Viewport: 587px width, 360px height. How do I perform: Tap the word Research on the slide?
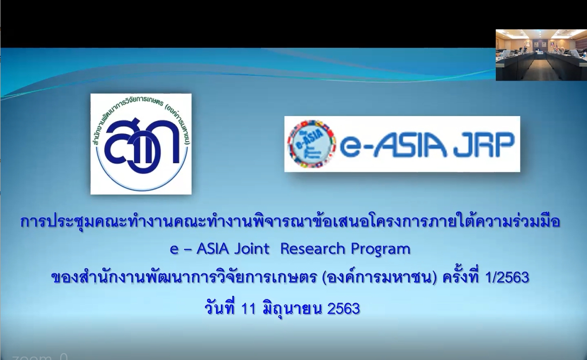313,249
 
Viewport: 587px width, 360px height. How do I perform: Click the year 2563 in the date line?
344,309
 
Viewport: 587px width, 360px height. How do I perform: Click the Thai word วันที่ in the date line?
220,308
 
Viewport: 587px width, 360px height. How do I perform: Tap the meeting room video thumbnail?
541,55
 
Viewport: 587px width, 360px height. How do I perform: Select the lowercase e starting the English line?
174,249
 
